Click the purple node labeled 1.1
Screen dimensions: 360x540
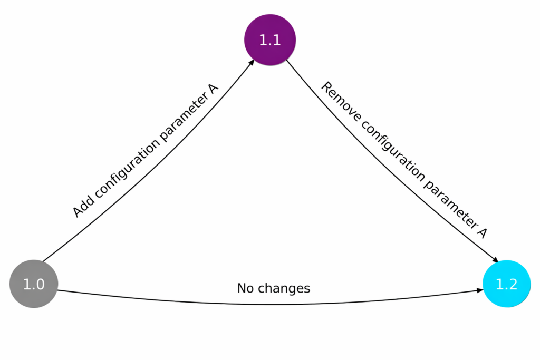click(270, 40)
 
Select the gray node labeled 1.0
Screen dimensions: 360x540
click(33, 285)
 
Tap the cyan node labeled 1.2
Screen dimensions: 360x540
click(506, 285)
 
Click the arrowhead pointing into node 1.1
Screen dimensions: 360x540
click(252, 62)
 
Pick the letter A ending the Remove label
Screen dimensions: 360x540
click(481, 232)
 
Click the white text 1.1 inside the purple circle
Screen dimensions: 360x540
click(270, 40)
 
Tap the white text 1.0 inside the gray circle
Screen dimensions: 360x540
click(33, 285)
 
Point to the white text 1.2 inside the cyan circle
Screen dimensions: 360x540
click(506, 285)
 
